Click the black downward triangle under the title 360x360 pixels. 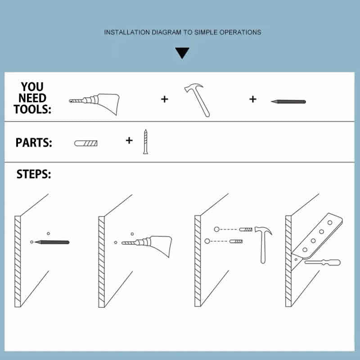tap(182, 53)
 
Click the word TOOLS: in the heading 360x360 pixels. tap(32, 109)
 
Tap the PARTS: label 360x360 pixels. tap(34, 143)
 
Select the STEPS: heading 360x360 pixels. tap(33, 174)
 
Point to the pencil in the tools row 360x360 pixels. tap(288, 102)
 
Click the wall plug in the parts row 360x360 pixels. tap(86, 143)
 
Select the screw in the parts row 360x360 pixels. tap(145, 142)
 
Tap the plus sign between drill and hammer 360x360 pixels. tap(164, 99)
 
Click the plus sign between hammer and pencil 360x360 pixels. tap(253, 99)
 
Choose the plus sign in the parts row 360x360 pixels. tap(129, 140)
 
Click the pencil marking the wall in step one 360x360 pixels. tap(52, 242)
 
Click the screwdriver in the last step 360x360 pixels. tap(323, 262)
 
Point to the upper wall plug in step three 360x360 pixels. tap(246, 229)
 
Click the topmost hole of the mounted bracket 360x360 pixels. tap(330, 222)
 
